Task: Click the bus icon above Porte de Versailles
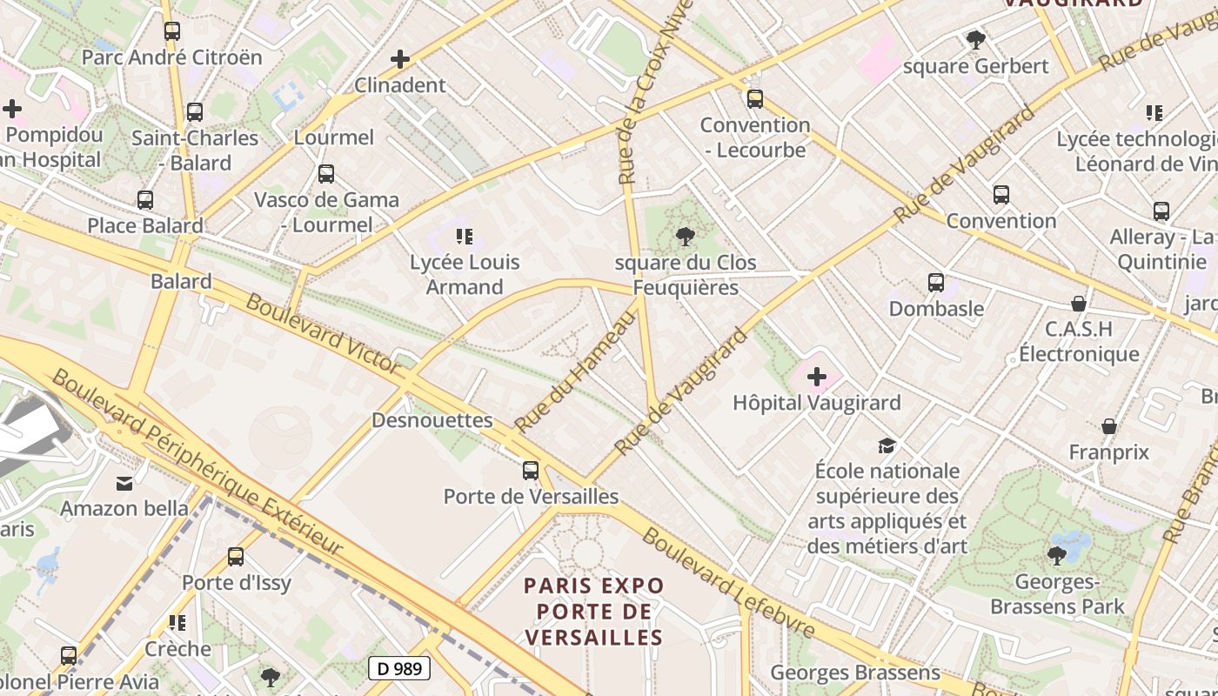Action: point(531,471)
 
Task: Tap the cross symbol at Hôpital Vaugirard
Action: point(817,377)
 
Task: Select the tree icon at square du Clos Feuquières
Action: point(686,236)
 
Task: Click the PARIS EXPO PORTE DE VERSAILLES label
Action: point(594,612)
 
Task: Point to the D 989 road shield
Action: point(399,668)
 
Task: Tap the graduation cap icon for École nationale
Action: point(887,445)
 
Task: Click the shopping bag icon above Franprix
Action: point(1109,426)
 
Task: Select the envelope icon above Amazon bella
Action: point(124,483)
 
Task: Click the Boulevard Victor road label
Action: point(324,335)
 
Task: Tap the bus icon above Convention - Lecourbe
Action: point(755,99)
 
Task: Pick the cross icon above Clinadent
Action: point(400,59)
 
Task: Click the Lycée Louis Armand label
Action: point(465,274)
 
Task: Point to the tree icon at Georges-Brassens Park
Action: point(1057,555)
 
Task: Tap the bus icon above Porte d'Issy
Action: point(236,557)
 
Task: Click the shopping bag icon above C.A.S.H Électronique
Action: point(1079,304)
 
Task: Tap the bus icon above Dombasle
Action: point(936,283)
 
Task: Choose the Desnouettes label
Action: point(432,420)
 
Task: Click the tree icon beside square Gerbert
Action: point(976,39)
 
